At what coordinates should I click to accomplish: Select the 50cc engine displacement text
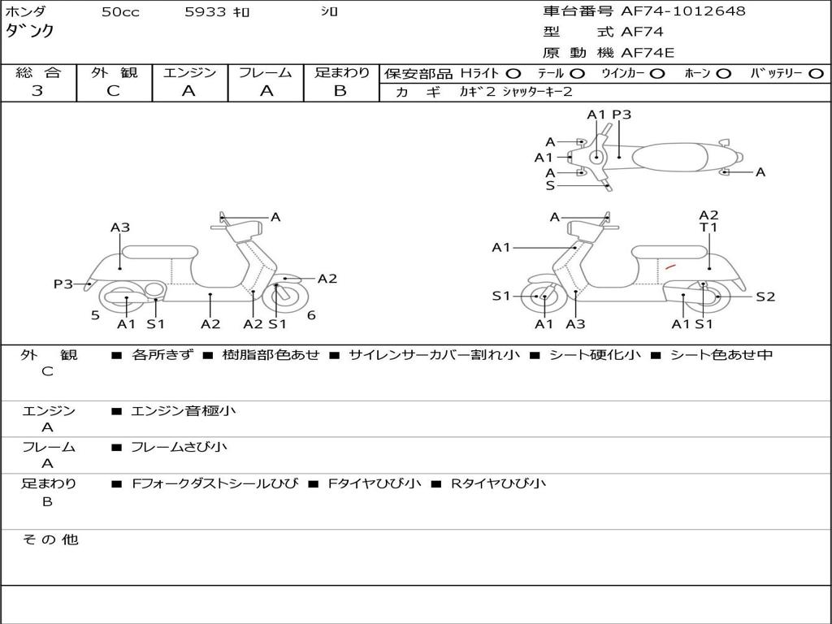(x=120, y=12)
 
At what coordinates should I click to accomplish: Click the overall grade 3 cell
(x=37, y=91)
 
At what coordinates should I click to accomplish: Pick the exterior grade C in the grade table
(x=114, y=91)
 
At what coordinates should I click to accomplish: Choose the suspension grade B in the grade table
(x=340, y=91)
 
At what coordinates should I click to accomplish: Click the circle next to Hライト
(x=513, y=73)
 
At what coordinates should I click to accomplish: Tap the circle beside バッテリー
(x=816, y=73)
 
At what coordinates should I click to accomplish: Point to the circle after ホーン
(x=724, y=73)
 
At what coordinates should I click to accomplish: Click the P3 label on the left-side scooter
(x=63, y=284)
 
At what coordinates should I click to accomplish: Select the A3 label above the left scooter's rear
(x=120, y=227)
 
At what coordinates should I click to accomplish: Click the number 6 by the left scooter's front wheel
(x=311, y=315)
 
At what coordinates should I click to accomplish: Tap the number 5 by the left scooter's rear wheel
(x=95, y=315)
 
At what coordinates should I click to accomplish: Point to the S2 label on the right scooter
(x=765, y=297)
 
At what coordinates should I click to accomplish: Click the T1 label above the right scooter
(x=709, y=228)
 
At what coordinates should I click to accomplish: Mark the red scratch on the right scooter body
(x=670, y=266)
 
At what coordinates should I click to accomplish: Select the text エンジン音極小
(x=184, y=411)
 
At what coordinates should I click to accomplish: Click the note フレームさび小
(x=179, y=447)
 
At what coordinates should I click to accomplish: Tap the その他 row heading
(x=50, y=539)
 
